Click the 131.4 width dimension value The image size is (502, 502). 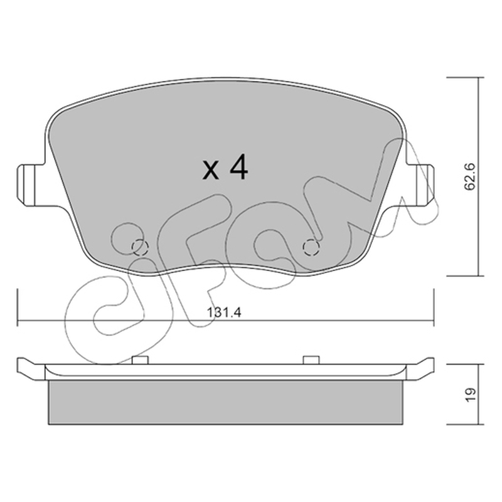click(x=224, y=312)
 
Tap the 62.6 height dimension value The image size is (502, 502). click(x=470, y=177)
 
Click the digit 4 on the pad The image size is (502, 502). click(x=237, y=167)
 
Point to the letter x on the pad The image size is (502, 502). click(x=211, y=170)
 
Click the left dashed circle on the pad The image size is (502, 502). click(x=140, y=247)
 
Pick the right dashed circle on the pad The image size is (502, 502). click(x=311, y=247)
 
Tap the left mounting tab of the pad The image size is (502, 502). click(x=30, y=185)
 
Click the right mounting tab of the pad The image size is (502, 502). click(x=420, y=185)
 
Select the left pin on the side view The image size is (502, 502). click(x=140, y=360)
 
